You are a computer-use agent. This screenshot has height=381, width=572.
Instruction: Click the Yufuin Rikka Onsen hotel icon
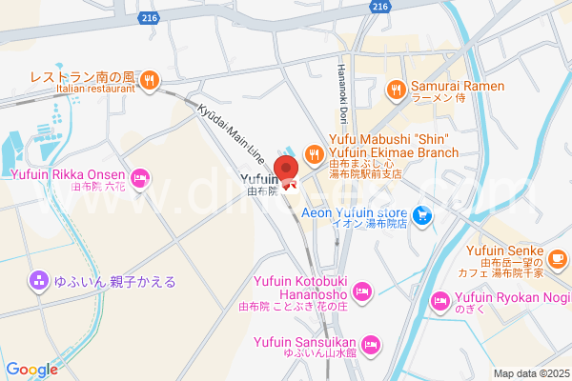click(x=140, y=176)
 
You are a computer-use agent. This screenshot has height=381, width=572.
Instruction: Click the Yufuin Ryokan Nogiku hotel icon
click(x=440, y=301)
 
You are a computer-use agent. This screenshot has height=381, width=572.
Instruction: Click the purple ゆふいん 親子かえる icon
click(x=38, y=281)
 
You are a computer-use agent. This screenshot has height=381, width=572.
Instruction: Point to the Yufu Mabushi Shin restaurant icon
click(x=313, y=152)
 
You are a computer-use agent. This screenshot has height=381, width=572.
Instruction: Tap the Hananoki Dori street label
click(x=341, y=91)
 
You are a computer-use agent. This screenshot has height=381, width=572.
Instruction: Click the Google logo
click(x=31, y=370)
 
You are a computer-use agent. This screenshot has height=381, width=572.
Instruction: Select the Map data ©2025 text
click(x=529, y=372)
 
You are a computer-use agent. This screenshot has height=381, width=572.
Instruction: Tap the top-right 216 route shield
click(x=380, y=6)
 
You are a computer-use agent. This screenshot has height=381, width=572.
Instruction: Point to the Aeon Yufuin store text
click(x=355, y=213)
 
